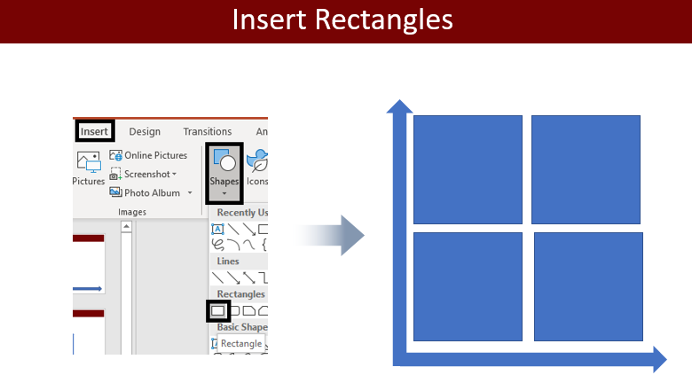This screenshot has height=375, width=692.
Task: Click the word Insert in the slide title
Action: tap(269, 20)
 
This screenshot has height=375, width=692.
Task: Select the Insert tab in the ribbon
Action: tap(94, 131)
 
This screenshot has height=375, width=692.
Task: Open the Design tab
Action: tap(145, 131)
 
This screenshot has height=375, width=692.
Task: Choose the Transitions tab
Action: tap(208, 131)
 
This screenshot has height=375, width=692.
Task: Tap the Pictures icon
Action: tap(89, 162)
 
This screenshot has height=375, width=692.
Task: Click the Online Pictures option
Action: tap(148, 155)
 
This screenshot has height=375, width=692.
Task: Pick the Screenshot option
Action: tap(143, 175)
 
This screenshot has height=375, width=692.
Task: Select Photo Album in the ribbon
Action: tap(151, 192)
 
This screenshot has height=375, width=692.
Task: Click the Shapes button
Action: tap(224, 173)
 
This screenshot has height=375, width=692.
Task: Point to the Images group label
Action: tap(132, 212)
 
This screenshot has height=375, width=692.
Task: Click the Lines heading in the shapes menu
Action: tap(228, 262)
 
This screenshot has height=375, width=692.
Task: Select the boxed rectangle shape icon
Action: tap(218, 311)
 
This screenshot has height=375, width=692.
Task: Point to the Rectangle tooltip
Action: tap(241, 344)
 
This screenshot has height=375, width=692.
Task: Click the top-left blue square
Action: tap(468, 170)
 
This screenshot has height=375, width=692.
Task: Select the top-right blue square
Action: tap(586, 170)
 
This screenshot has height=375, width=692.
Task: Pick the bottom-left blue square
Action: tap(468, 286)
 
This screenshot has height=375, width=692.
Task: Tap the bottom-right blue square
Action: tap(588, 286)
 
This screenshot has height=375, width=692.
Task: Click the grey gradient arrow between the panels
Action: tap(330, 235)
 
